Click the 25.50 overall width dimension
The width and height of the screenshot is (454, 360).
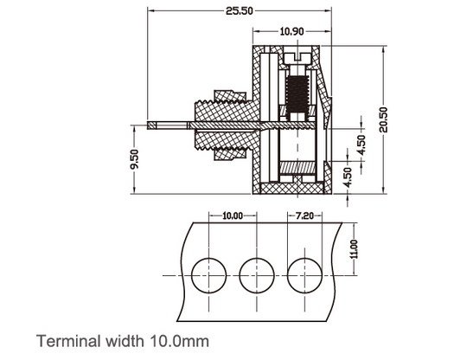click(x=239, y=11)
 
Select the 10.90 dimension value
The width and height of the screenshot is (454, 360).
click(x=291, y=32)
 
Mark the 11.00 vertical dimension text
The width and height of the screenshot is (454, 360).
click(x=353, y=249)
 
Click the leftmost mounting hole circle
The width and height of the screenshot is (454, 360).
click(x=208, y=274)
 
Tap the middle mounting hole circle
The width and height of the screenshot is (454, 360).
click(x=257, y=274)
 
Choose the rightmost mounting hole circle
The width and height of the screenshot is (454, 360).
click(x=305, y=274)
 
